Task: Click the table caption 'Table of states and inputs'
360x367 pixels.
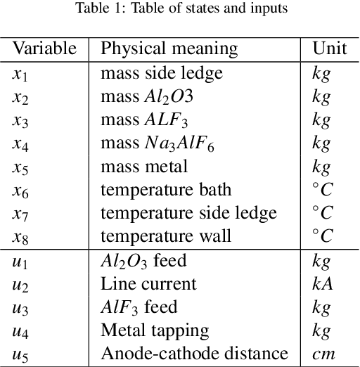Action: tap(179, 10)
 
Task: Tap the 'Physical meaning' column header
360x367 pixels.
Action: tap(169, 49)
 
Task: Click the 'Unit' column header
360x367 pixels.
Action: tap(329, 49)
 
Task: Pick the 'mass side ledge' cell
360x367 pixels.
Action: tap(161, 72)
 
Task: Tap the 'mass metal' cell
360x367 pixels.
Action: tap(144, 167)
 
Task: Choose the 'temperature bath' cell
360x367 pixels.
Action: tap(166, 190)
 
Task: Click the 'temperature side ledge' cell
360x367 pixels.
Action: tap(188, 213)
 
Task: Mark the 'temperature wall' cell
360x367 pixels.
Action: tap(165, 236)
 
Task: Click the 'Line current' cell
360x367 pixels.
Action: tap(148, 283)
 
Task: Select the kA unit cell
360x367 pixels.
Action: tap(321, 283)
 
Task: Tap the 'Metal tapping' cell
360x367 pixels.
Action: tap(155, 330)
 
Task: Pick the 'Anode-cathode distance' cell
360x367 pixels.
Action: tap(194, 353)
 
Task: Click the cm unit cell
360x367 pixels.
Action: tap(322, 354)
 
